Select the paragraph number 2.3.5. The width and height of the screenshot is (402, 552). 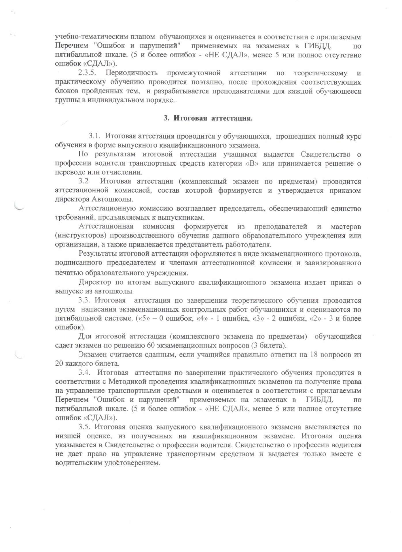click(88, 73)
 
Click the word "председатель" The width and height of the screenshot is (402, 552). click(243, 208)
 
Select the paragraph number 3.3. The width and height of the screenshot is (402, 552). click(85, 301)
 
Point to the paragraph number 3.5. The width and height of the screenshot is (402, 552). click(85, 427)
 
